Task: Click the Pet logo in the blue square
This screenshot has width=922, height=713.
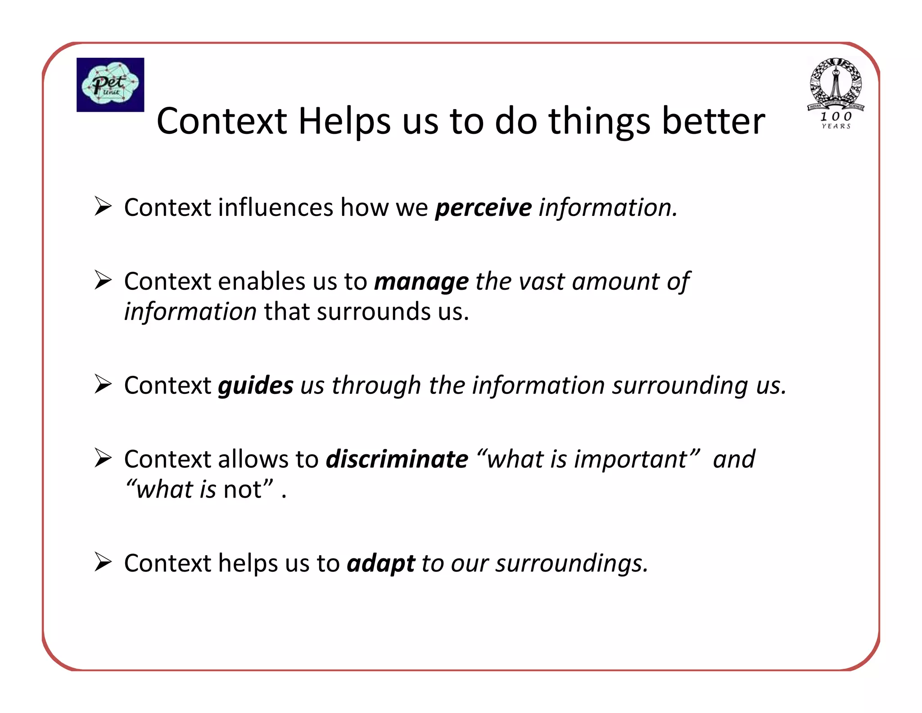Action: (x=110, y=85)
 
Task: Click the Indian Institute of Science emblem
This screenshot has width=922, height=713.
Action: (x=836, y=84)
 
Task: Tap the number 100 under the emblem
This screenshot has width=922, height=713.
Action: (x=836, y=116)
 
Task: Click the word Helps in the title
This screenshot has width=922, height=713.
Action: (x=344, y=122)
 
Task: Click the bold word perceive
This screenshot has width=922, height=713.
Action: (x=483, y=208)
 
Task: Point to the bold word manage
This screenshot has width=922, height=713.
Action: (x=421, y=282)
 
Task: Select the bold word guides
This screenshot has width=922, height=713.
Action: (x=255, y=386)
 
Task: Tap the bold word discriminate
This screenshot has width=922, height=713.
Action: (x=397, y=459)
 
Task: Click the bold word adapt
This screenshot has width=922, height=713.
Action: (x=380, y=563)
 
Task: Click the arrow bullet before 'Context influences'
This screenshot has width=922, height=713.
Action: (x=103, y=207)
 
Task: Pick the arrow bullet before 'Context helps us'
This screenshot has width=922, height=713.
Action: (x=103, y=562)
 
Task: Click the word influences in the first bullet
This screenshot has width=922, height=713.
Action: (x=276, y=208)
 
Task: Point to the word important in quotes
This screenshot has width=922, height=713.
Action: (x=631, y=459)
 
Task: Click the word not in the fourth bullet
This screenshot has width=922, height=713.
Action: (x=242, y=489)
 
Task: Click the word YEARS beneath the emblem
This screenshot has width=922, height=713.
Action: (x=836, y=127)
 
